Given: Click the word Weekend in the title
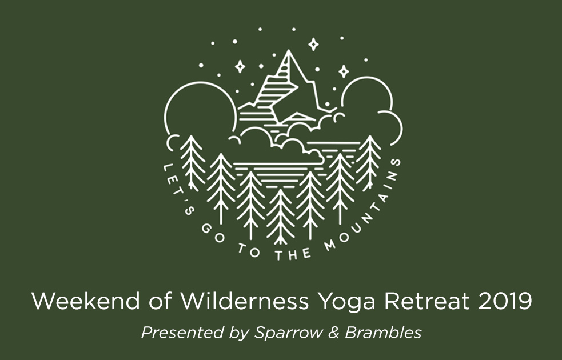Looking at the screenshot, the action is (86, 301).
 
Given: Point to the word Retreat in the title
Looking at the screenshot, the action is (427, 301).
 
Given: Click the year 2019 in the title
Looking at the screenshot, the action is (505, 301).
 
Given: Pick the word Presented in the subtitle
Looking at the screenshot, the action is (183, 333).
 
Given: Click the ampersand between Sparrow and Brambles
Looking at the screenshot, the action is (334, 333).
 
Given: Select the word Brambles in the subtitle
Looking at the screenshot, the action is (383, 333).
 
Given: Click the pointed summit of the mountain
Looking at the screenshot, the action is (289, 51).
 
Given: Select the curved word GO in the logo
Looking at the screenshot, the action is (212, 235).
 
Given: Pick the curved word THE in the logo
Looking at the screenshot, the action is (293, 254).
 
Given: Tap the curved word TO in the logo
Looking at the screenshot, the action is (249, 250).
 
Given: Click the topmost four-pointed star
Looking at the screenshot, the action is (314, 45).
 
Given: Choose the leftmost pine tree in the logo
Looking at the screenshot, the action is (192, 163).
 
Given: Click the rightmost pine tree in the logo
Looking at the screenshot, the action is (368, 163).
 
